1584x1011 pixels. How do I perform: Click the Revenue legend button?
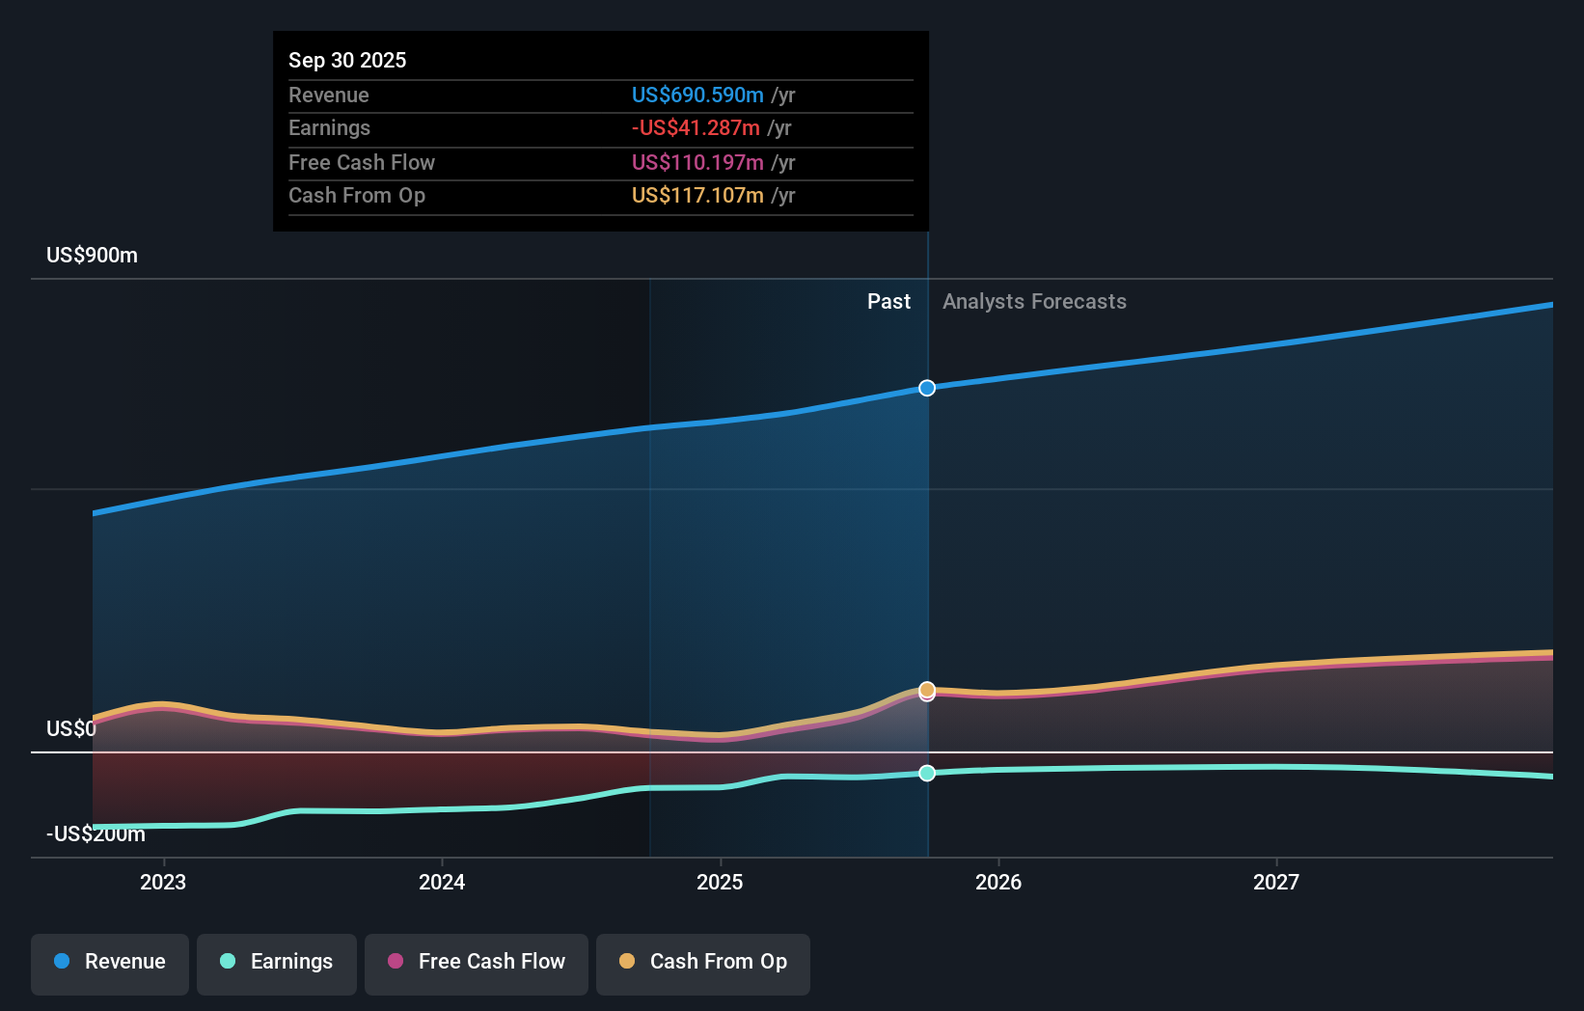109,962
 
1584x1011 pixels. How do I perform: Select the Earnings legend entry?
276,962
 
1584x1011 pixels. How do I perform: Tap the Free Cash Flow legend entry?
476,962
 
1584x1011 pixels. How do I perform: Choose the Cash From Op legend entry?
702,962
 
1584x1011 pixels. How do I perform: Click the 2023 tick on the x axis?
163,882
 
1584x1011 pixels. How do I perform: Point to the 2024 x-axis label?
442,882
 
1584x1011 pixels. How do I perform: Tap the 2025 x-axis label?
720,882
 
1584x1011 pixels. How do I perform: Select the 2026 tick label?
998,882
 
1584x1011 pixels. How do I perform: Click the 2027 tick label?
1276,882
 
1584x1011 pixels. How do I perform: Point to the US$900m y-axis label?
92,256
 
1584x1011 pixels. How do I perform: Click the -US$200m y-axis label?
96,834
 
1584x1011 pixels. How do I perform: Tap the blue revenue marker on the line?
927,388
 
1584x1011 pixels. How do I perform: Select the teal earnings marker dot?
927,773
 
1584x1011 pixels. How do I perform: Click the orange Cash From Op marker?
927,689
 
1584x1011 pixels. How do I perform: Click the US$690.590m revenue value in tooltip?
697,96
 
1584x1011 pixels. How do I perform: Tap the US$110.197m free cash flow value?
697,163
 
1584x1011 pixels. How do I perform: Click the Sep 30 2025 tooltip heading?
347,60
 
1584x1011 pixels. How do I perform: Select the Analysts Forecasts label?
1034,302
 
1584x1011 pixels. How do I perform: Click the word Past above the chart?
888,302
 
